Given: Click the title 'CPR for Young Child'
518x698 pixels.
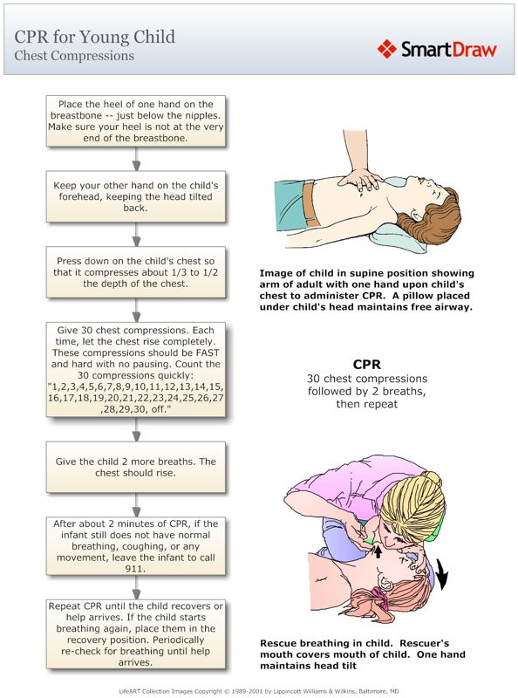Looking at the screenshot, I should click(94, 37).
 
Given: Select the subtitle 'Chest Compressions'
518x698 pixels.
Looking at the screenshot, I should click(74, 56).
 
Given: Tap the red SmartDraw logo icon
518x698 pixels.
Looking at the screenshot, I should click(387, 48).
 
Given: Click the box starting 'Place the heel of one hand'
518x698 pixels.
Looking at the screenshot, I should click(135, 120).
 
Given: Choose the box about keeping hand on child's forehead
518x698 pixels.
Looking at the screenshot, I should click(135, 196).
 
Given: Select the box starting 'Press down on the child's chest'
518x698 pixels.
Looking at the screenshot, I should click(135, 271).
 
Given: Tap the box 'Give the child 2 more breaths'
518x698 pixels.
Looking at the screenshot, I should click(135, 466).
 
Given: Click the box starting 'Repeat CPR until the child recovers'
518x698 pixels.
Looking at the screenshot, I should click(135, 633).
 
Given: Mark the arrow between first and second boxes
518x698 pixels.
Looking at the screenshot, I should click(135, 158).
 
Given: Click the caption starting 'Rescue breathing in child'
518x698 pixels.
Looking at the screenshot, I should click(362, 654).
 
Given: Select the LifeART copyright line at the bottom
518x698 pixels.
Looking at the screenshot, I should click(259, 689).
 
